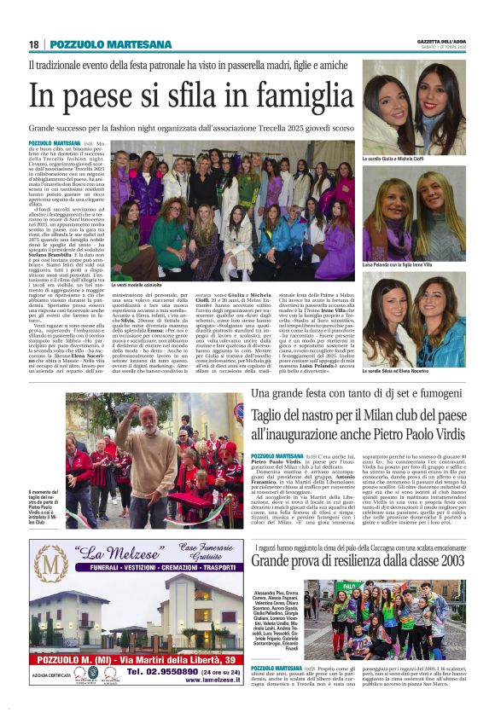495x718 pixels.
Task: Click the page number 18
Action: pyautogui.click(x=34, y=44)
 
